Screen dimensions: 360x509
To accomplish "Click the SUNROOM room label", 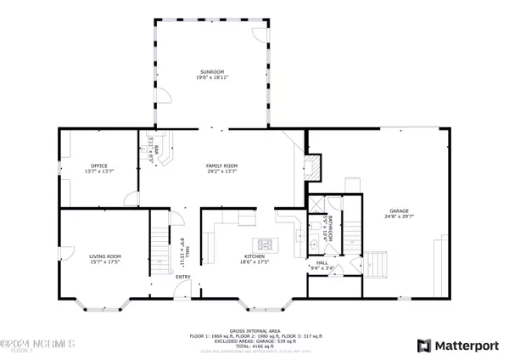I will (211, 70).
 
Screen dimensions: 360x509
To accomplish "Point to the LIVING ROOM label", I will (106, 256).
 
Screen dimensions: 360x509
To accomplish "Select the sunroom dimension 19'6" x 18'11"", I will (211, 77).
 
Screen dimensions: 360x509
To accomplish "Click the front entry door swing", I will (179, 294).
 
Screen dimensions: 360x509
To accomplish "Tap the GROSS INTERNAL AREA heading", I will (255, 330).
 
